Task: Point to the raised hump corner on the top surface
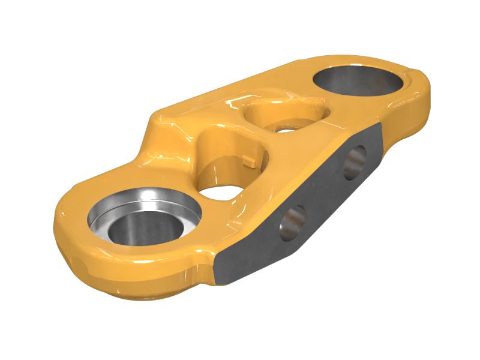coord(159,117)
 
